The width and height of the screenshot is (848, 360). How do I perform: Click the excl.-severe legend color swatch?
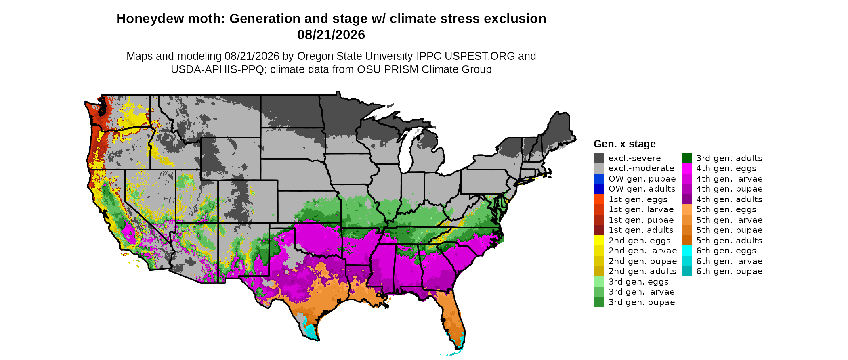tap(599, 158)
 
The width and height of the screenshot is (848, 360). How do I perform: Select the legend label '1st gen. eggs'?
tap(638, 199)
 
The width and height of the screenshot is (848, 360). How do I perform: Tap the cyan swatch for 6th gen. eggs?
tap(686, 251)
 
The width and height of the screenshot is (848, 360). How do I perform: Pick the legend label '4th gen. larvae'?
tap(729, 179)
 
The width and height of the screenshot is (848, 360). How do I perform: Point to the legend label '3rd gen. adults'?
tap(729, 158)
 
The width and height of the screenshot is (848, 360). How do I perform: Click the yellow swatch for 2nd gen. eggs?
tap(599, 240)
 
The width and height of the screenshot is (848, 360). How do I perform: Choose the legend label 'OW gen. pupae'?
tap(642, 179)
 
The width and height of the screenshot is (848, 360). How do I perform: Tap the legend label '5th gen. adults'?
tap(729, 241)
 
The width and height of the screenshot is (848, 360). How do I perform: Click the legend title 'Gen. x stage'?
tap(625, 144)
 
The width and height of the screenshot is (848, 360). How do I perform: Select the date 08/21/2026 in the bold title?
tap(331, 35)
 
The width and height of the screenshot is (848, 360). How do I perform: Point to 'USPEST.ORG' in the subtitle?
tap(482, 56)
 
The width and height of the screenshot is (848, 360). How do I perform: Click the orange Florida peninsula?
tap(454, 319)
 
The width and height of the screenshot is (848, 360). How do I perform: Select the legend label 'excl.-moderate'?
tap(641, 168)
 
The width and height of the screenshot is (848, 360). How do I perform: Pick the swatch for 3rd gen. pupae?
tap(599, 302)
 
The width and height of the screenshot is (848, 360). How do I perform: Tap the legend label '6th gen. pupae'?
tap(729, 271)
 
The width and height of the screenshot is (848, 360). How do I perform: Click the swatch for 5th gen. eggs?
tap(686, 209)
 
